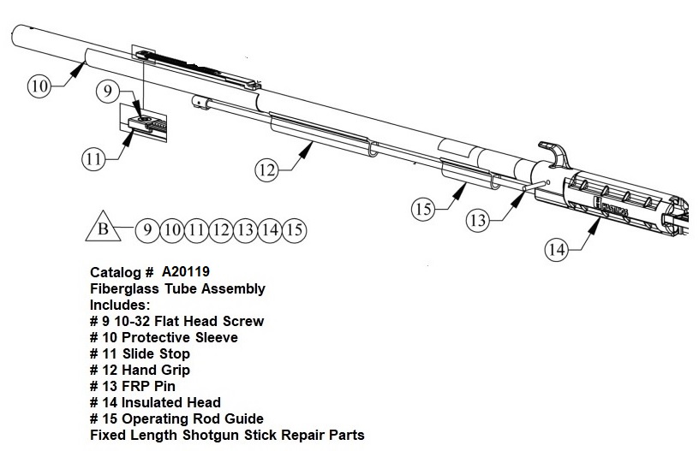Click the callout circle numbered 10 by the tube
(x=39, y=85)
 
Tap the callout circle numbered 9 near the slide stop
(x=107, y=92)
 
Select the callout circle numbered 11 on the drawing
(x=93, y=158)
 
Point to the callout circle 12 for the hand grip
(x=266, y=170)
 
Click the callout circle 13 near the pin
(x=478, y=220)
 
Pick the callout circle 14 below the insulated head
(x=557, y=249)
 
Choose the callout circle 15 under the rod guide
(x=423, y=209)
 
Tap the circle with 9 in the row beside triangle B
(x=146, y=230)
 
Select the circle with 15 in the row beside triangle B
(x=294, y=230)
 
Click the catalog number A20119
(x=185, y=271)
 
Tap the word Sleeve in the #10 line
(x=217, y=337)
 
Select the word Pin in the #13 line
(x=164, y=386)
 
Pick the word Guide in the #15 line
(x=243, y=418)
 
